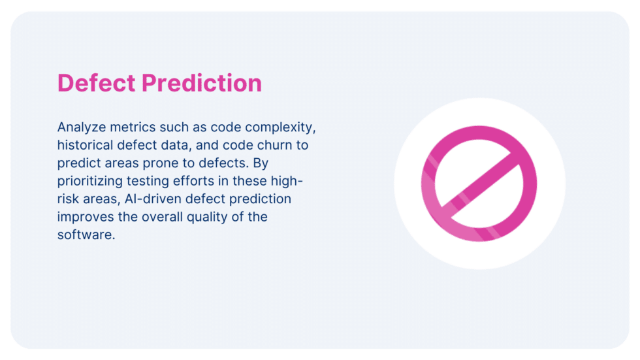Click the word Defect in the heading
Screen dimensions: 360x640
(x=97, y=84)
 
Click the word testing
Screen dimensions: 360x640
(x=152, y=180)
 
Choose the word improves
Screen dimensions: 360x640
(x=84, y=217)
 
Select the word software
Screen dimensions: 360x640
(x=86, y=235)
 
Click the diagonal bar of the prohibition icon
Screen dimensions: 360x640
(x=480, y=184)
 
